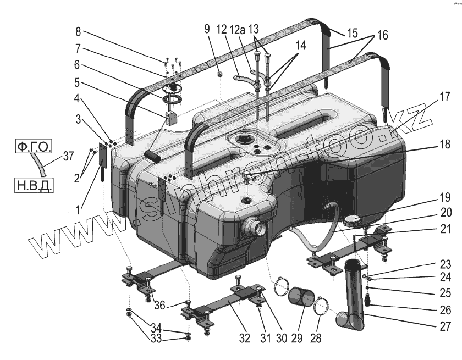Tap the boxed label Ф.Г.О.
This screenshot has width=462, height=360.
(x=33, y=147)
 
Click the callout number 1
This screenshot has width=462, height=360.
(x=78, y=209)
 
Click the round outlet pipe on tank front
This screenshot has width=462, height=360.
(x=252, y=225)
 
